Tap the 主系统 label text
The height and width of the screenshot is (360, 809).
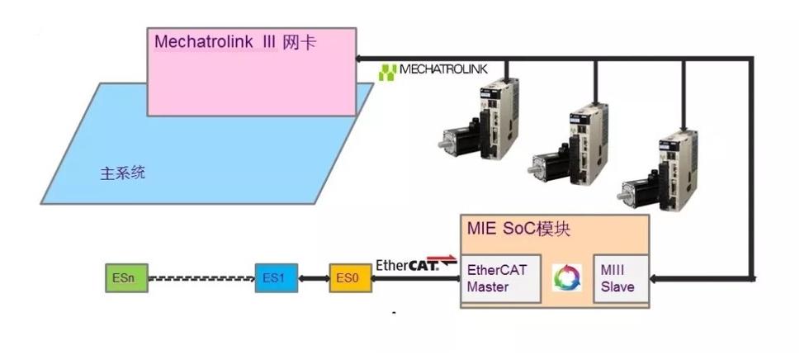(x=123, y=174)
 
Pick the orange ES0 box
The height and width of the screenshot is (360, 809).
(x=346, y=279)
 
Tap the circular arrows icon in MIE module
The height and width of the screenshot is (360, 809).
(x=567, y=277)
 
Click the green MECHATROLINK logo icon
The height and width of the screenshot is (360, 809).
(x=388, y=72)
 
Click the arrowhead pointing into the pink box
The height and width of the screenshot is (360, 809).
(x=360, y=59)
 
